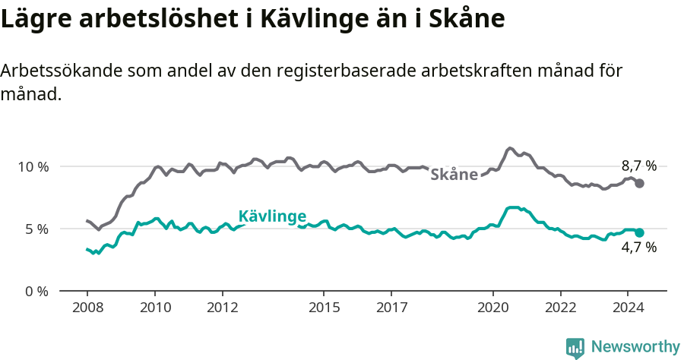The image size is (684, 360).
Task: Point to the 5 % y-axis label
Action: pos(36,229)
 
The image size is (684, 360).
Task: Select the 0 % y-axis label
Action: pos(36,291)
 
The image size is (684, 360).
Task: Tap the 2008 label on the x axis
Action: pos(87,308)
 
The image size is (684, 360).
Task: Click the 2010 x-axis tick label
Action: pos(155,308)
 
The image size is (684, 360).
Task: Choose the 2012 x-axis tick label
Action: pos(223,308)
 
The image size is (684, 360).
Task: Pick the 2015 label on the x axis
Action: pos(324,308)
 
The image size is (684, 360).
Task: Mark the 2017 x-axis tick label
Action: pos(391,308)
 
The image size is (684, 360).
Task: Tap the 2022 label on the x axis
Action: pos(560,308)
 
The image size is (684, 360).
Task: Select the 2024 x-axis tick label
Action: pos(628,308)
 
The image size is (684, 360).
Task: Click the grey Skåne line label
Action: pos(454,175)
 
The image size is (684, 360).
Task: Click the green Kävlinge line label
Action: pos(272,216)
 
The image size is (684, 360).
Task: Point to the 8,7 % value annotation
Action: pos(638,166)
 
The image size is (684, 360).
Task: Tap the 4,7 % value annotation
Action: pos(638,247)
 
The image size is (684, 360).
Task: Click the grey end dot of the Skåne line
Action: pos(640,183)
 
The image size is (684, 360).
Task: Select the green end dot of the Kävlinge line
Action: pos(640,232)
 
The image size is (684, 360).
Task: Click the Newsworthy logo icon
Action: pos(575,348)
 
